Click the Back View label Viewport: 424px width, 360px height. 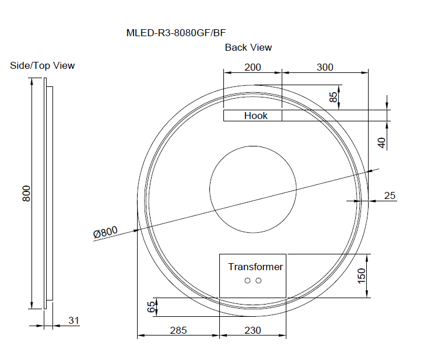(248, 48)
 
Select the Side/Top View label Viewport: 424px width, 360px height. (43, 65)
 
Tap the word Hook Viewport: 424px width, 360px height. (255, 116)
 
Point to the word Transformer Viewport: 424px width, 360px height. (255, 267)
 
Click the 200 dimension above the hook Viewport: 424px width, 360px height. (253, 67)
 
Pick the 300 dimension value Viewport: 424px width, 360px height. (325, 67)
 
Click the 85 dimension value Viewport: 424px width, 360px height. (333, 97)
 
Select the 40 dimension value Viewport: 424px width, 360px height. (382, 142)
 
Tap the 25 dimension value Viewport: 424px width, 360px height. (390, 195)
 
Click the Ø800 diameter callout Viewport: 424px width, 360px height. (105, 232)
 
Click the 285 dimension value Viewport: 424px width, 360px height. (178, 330)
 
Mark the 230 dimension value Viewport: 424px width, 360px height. (252, 330)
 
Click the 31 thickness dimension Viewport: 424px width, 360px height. (73, 320)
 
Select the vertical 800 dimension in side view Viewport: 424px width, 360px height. (26, 194)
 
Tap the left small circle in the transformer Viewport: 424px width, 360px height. (247, 281)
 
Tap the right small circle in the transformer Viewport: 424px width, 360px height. (258, 281)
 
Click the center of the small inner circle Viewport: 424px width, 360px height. (253, 189)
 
